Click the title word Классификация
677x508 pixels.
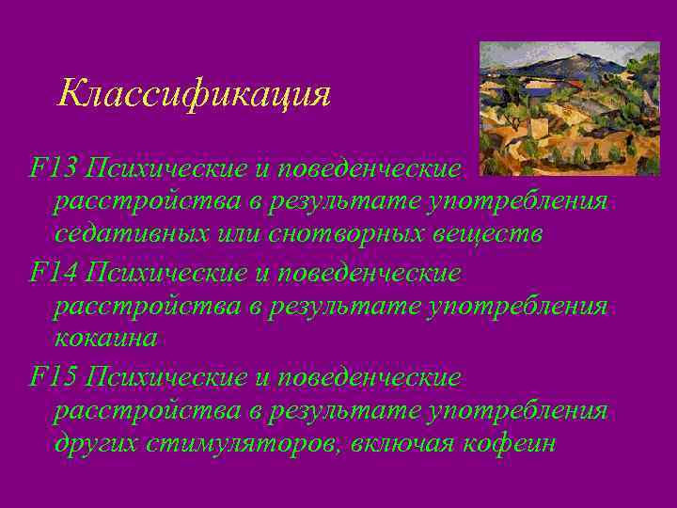pos(194,95)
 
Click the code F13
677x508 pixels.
pos(53,169)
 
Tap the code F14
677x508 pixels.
pos(53,274)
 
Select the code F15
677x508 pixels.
pos(53,378)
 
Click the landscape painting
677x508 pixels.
pos(569,108)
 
